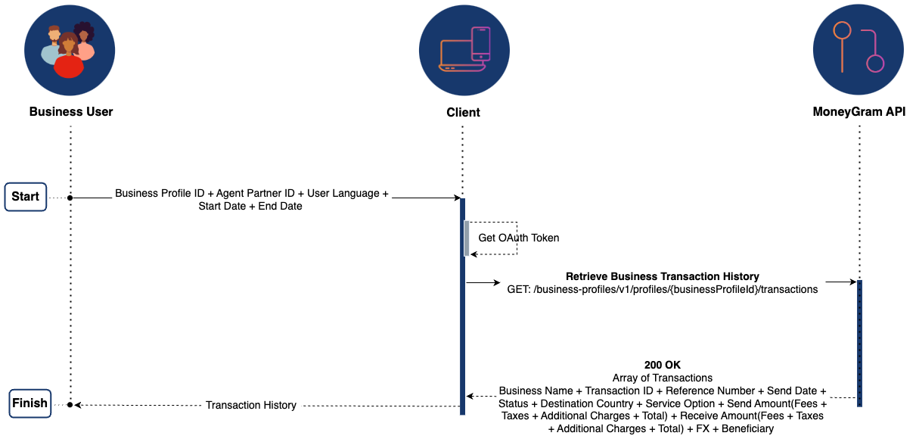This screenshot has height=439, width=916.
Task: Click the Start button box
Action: [26, 197]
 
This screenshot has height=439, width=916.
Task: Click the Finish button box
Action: [29, 403]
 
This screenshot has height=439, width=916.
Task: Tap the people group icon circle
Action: [70, 50]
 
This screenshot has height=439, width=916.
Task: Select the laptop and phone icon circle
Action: [464, 50]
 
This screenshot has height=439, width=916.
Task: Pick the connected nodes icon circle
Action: [858, 50]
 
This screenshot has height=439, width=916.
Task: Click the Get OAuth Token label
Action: [519, 238]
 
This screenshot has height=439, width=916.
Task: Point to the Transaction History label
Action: [251, 405]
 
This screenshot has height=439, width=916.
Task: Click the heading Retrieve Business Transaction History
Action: [662, 276]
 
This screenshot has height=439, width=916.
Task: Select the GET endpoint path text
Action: [662, 290]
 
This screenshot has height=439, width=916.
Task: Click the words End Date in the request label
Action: [280, 206]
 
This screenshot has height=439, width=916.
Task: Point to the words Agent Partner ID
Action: [255, 194]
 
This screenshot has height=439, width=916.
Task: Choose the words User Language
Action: [344, 194]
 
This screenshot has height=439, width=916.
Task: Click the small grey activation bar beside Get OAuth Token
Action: [467, 238]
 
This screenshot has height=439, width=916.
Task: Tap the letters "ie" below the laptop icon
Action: [464, 113]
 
